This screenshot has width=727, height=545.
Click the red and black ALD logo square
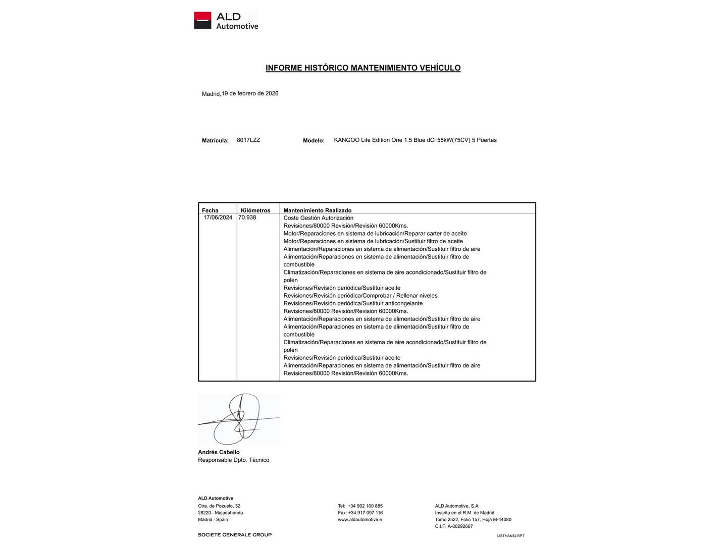[202, 20]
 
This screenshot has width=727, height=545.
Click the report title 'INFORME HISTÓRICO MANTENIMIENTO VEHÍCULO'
[363, 68]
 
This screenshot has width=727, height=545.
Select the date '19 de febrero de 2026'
[250, 93]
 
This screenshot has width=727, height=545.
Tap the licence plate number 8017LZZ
[248, 140]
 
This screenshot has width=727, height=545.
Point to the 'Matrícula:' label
[215, 141]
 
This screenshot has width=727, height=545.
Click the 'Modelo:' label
[314, 141]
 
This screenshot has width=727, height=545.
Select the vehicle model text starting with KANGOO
[415, 140]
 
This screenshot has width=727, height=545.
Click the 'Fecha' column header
[210, 210]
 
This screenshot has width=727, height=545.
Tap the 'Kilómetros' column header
[255, 210]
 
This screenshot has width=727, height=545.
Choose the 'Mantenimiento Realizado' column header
[317, 210]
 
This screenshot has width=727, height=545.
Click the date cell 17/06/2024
[218, 217]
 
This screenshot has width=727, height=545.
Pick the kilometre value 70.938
[247, 217]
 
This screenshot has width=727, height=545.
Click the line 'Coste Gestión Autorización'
[318, 218]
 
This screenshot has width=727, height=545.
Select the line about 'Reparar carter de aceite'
[375, 234]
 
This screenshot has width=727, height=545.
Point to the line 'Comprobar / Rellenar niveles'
[360, 296]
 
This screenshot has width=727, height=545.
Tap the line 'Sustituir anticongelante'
[353, 303]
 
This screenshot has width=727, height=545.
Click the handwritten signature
[238, 419]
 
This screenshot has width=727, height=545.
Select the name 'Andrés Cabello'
[219, 452]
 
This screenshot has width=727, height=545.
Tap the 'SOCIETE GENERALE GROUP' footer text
[234, 535]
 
